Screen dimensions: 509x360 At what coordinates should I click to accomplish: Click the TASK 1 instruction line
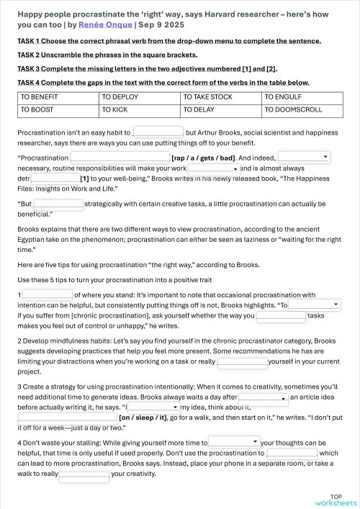[x=169, y=41]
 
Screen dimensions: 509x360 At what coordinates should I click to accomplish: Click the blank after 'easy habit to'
[x=158, y=132]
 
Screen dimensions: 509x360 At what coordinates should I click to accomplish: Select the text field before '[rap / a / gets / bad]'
[x=120, y=157]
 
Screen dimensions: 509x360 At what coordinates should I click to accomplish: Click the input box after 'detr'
[x=55, y=177]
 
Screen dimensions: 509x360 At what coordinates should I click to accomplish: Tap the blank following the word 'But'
[x=58, y=204]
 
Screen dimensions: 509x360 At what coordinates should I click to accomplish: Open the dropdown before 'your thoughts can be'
[x=234, y=441]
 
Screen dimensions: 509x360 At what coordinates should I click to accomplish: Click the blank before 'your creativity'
[x=84, y=474]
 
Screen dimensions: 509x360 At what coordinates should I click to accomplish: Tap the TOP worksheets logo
[x=336, y=498]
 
